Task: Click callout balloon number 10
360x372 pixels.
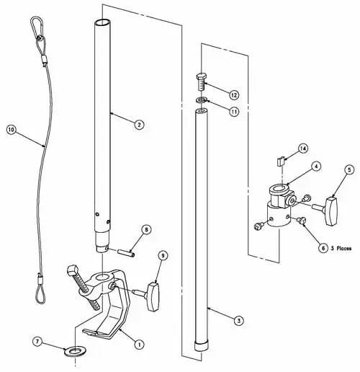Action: [11, 130]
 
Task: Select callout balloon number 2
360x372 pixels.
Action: [138, 123]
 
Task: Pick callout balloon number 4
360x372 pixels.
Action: [315, 167]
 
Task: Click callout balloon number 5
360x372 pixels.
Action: [349, 170]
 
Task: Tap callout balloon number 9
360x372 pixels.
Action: [163, 256]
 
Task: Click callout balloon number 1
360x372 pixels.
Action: [140, 334]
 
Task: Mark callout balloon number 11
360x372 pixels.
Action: [234, 112]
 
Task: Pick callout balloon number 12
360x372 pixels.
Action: [234, 94]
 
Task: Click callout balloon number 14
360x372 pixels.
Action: [303, 148]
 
